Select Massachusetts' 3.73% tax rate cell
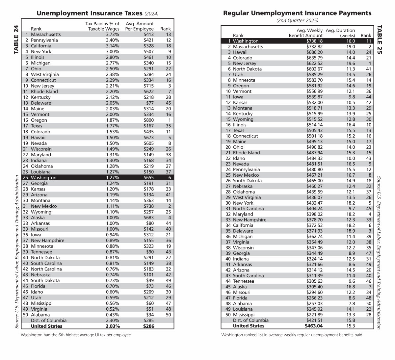pyautogui.click(x=113, y=34)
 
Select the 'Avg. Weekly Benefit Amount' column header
pyautogui.click(x=306, y=33)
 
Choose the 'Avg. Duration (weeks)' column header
pyautogui.click(x=340, y=33)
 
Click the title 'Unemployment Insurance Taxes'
pyautogui.click(x=90, y=14)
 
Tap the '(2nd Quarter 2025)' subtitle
pyautogui.click(x=297, y=20)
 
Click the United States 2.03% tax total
pyautogui.click(x=113, y=326)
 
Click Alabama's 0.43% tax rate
pyautogui.click(x=113, y=315)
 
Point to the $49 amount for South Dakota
pyautogui.click(x=150, y=280)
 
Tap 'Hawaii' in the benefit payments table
pyautogui.click(x=240, y=52)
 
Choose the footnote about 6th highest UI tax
pyautogui.click(x=76, y=335)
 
